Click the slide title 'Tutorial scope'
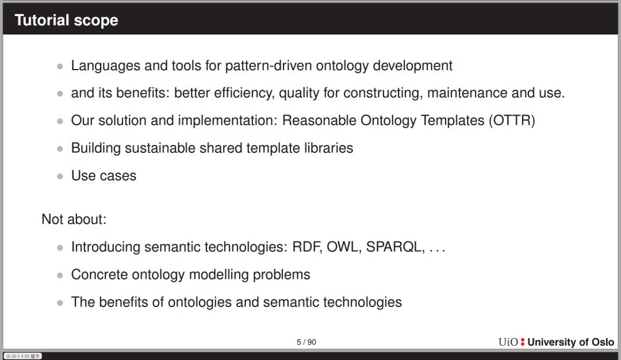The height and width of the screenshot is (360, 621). pos(67,20)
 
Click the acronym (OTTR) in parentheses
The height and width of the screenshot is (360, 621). pos(512,120)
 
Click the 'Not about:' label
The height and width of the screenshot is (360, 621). pos(74,219)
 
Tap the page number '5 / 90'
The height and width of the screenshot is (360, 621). pos(306,342)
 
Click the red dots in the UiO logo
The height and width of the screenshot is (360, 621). pos(523,342)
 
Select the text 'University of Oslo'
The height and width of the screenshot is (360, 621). pos(571,342)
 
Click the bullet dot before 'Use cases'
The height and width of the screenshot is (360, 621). pos(60,176)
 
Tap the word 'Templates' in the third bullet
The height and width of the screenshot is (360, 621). pos(453,120)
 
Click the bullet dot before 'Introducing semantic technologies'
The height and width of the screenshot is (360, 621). pos(60,248)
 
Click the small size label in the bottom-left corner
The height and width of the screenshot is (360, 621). pos(23,356)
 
